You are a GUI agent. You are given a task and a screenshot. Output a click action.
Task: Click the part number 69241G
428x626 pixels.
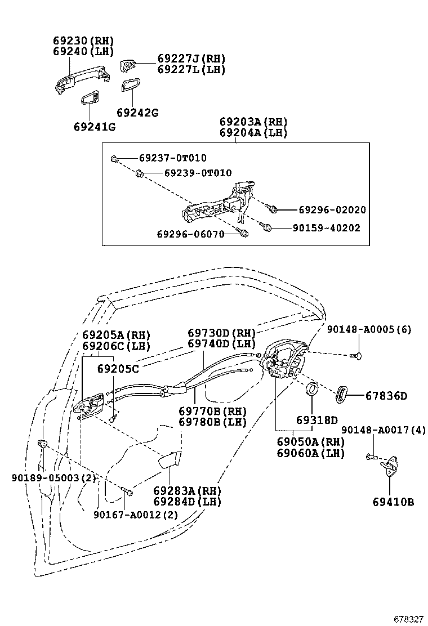(93, 127)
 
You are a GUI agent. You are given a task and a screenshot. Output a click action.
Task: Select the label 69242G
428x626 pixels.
(137, 113)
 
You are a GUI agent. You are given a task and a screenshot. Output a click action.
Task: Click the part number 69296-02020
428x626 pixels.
(332, 210)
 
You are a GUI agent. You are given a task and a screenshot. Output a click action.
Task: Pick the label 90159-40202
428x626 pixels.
(326, 228)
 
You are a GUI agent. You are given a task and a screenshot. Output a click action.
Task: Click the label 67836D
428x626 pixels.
(386, 396)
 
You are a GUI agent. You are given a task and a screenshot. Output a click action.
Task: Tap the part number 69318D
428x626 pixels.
(316, 421)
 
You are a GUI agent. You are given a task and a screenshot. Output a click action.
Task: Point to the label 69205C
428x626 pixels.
(118, 369)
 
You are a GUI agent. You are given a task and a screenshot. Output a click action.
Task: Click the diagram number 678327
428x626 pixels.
(408, 619)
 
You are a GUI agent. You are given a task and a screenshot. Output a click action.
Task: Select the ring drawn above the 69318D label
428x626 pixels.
(310, 390)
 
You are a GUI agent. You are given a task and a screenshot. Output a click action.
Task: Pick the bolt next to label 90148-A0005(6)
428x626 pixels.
(354, 355)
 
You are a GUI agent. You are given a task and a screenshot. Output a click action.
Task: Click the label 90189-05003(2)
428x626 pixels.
(53, 478)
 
